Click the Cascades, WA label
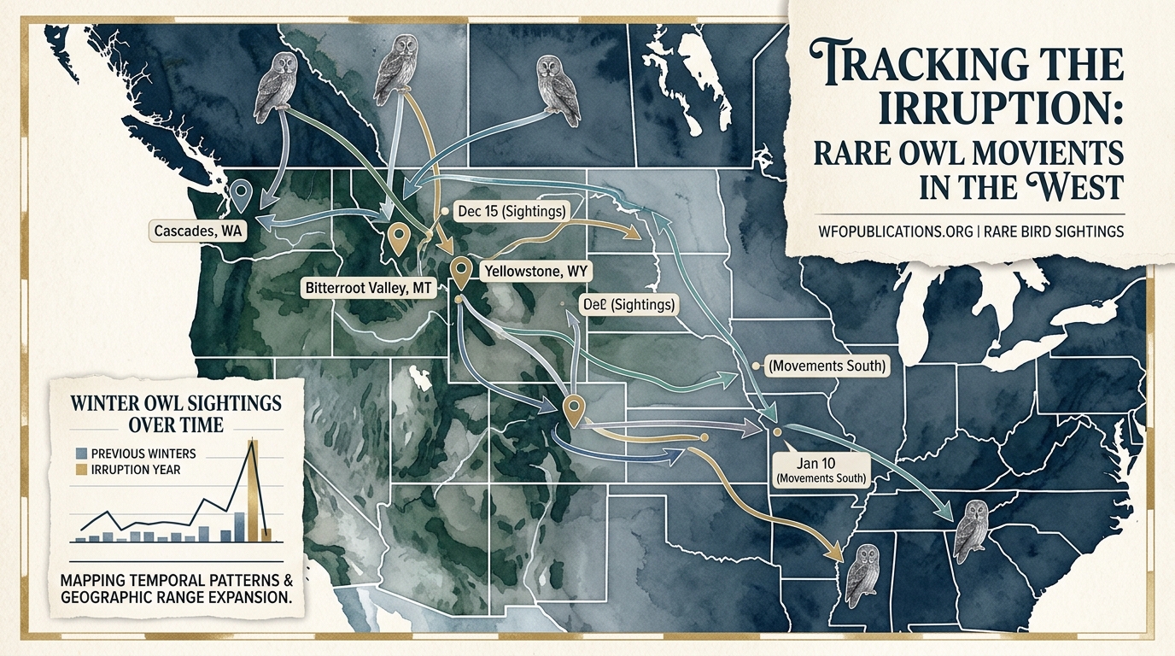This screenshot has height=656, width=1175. [x=196, y=231]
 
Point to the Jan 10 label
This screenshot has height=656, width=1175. [x=820, y=461]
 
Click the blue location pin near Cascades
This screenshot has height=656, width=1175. [x=241, y=195]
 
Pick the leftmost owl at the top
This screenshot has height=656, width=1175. [x=277, y=85]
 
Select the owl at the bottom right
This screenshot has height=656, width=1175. [x=971, y=531]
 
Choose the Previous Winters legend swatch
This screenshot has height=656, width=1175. [x=82, y=454]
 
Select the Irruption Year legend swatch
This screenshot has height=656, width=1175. [x=82, y=469]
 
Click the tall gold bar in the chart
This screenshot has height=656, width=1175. [x=253, y=491]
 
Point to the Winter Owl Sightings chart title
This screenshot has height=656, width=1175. [x=176, y=412]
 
